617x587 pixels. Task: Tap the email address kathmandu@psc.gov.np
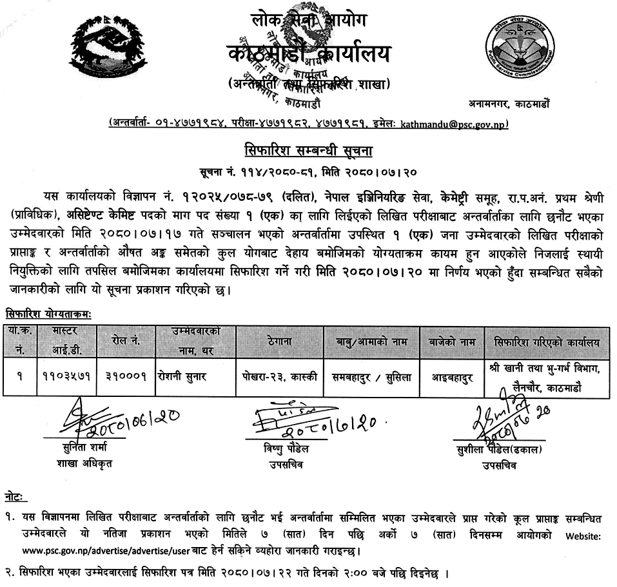click(x=454, y=124)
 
